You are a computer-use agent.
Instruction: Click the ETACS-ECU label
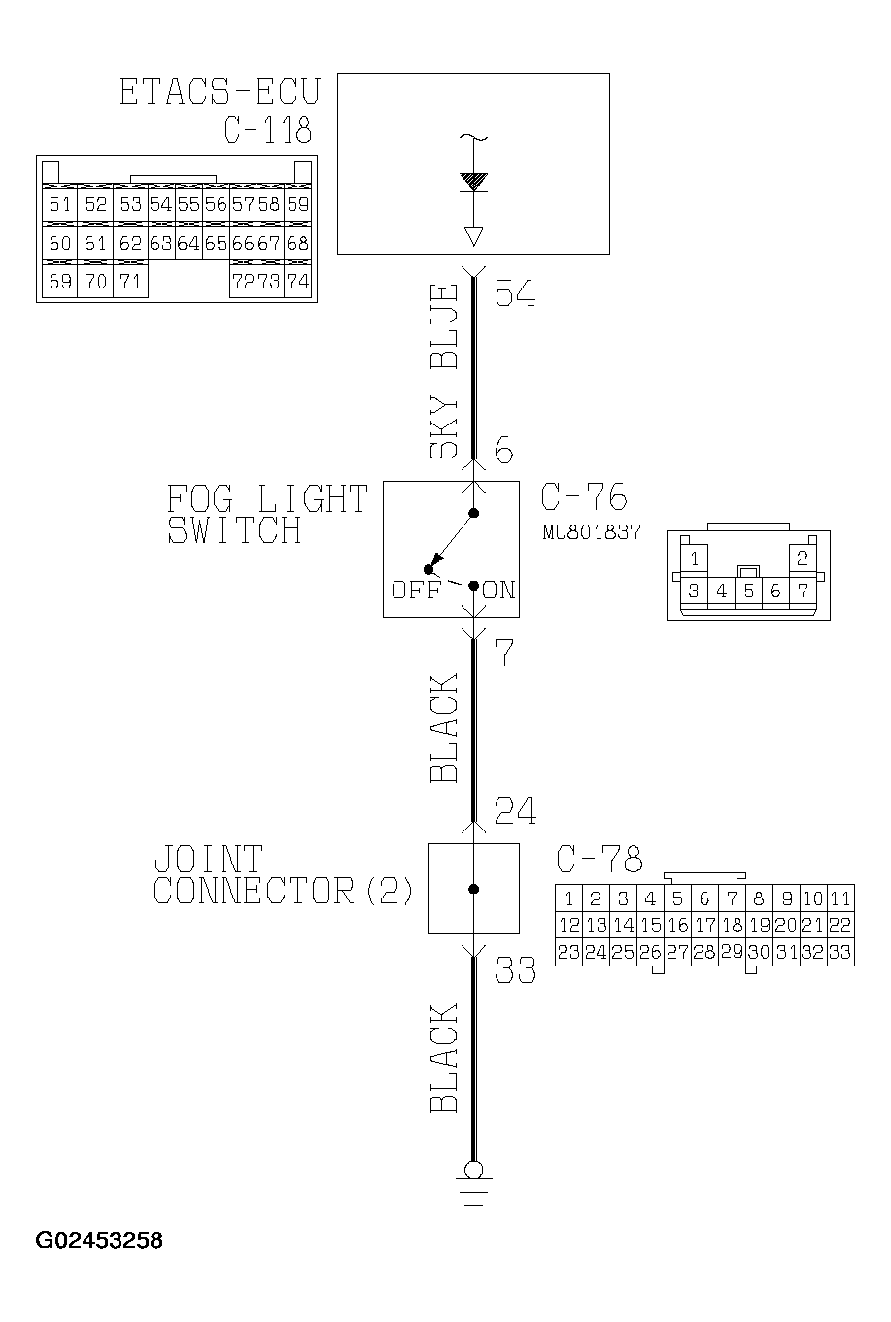pos(219,91)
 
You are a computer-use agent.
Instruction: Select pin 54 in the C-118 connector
pos(160,204)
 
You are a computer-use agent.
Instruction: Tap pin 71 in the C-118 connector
pos(130,282)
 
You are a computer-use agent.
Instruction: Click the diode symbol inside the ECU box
pos(474,182)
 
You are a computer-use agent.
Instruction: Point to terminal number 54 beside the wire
pos(515,293)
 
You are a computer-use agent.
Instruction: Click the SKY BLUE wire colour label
pos(444,371)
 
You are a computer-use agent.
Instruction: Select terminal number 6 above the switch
pos(503,451)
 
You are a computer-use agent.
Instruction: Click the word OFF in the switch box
pos(415,591)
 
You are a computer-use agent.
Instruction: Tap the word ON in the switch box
pos(498,591)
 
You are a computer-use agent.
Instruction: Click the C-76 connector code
pos(583,497)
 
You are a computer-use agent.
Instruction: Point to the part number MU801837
pos(592,532)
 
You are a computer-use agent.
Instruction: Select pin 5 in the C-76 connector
pos(747,591)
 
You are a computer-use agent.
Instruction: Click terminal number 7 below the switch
pos(503,654)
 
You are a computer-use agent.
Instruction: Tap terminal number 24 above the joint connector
pos(515,810)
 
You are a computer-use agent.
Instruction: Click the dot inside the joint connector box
pos(474,889)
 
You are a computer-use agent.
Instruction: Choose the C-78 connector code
pos(600,859)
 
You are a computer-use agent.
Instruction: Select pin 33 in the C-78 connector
pos(840,953)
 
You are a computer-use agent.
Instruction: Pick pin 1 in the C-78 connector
pos(568,898)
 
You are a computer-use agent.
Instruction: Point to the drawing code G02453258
pos(99,1240)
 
